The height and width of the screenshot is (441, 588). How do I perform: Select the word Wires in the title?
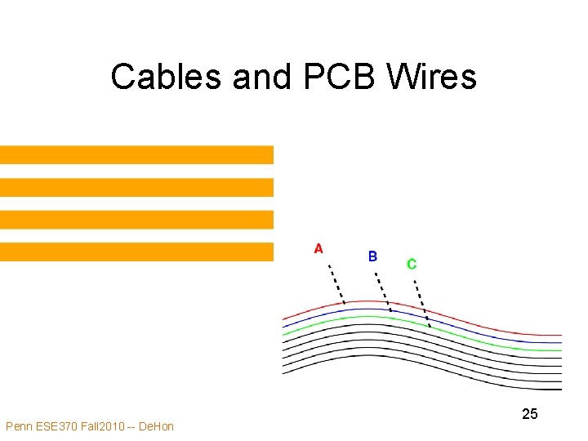(x=432, y=77)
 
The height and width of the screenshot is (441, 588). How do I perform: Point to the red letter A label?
(x=318, y=248)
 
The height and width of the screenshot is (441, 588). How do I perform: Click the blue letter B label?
(x=372, y=256)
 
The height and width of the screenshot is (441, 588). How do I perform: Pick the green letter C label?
(x=412, y=264)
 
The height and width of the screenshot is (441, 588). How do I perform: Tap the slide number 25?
(x=530, y=414)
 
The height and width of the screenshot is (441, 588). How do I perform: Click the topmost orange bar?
(x=136, y=155)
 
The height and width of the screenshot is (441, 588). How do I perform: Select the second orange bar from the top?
(x=136, y=187)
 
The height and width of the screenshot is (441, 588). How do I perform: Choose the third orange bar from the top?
(x=136, y=220)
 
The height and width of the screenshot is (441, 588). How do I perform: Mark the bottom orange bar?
(x=136, y=252)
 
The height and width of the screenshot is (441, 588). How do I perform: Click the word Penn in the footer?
(x=20, y=426)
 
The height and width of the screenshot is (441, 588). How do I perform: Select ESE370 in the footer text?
(x=61, y=426)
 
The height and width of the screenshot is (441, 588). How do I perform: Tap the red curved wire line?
(x=490, y=327)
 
